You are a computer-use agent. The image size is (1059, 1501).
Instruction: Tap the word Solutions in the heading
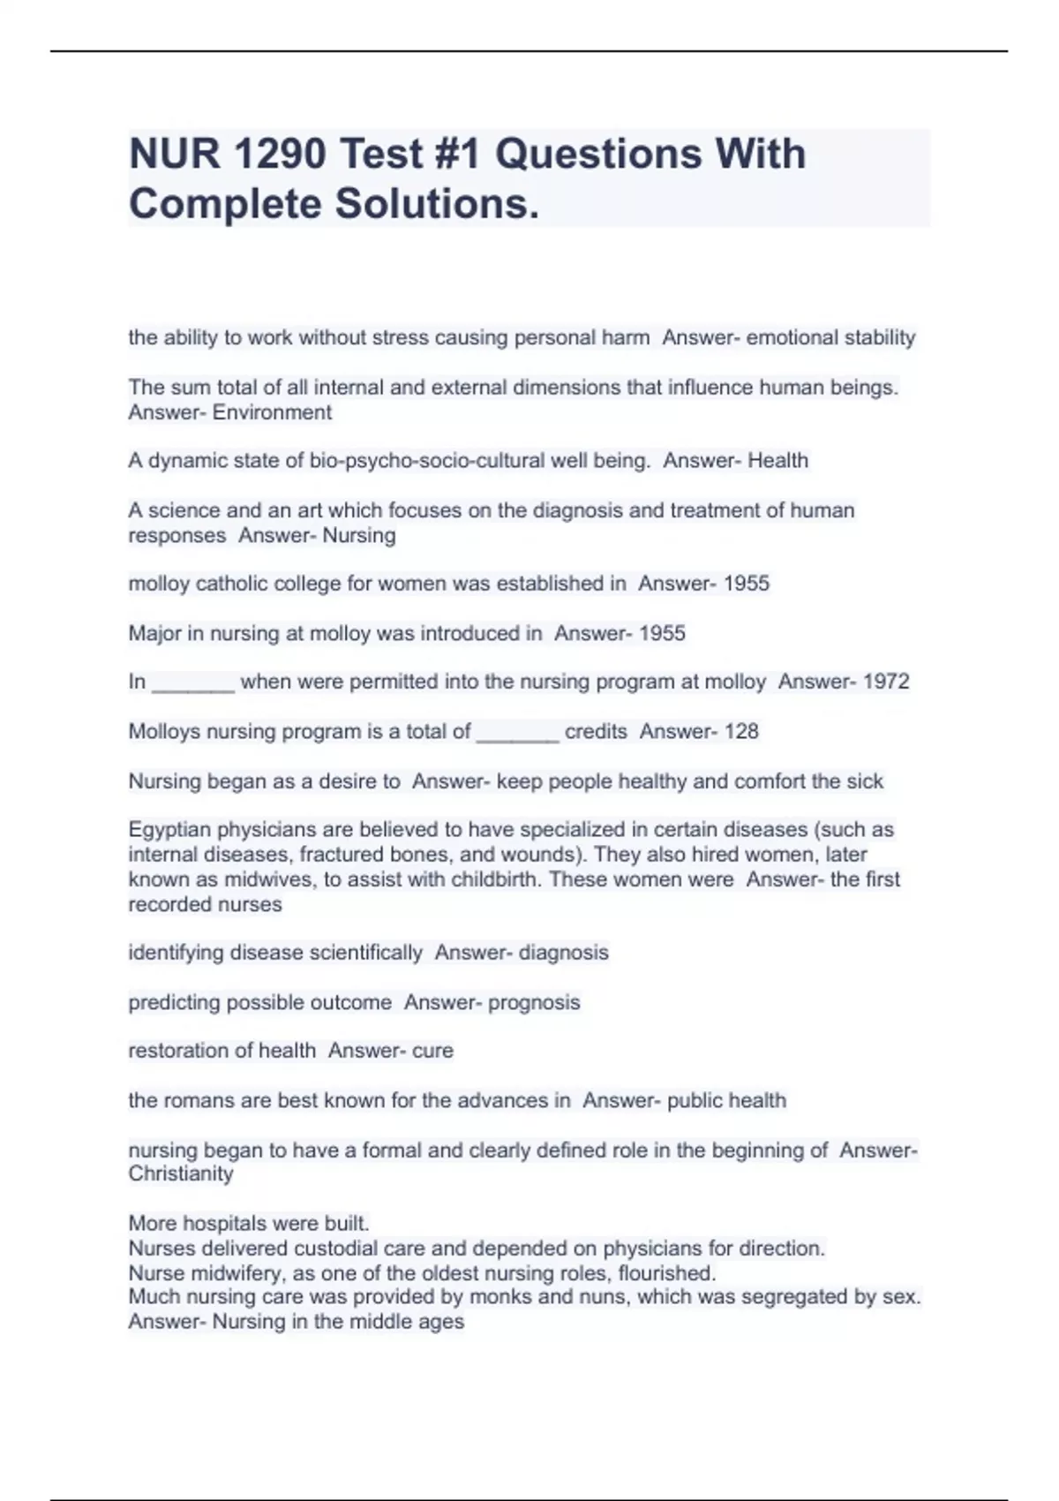(436, 204)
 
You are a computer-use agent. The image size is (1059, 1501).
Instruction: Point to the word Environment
(272, 412)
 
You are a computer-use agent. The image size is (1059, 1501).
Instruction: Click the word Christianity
(181, 1173)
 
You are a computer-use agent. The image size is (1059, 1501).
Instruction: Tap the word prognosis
(534, 1002)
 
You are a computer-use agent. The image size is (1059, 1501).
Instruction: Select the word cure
(432, 1051)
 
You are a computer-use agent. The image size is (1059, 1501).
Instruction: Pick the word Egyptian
(169, 830)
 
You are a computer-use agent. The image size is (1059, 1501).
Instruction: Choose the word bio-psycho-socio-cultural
(427, 461)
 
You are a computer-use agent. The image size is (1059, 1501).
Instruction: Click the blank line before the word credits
(517, 733)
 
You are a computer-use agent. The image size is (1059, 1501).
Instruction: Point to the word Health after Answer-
(777, 461)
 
